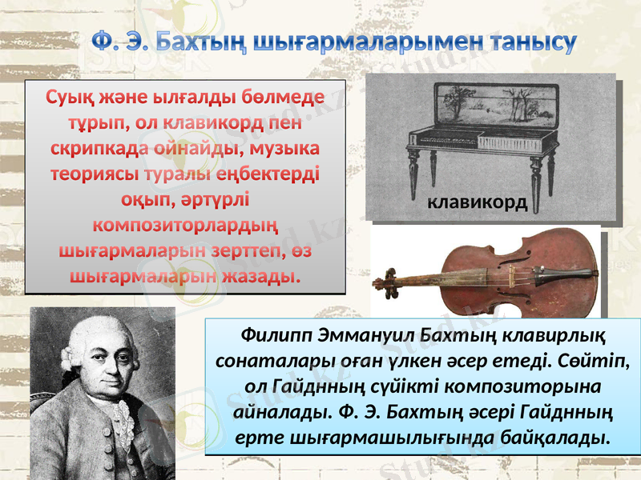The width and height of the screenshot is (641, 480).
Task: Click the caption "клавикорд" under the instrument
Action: (x=477, y=202)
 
